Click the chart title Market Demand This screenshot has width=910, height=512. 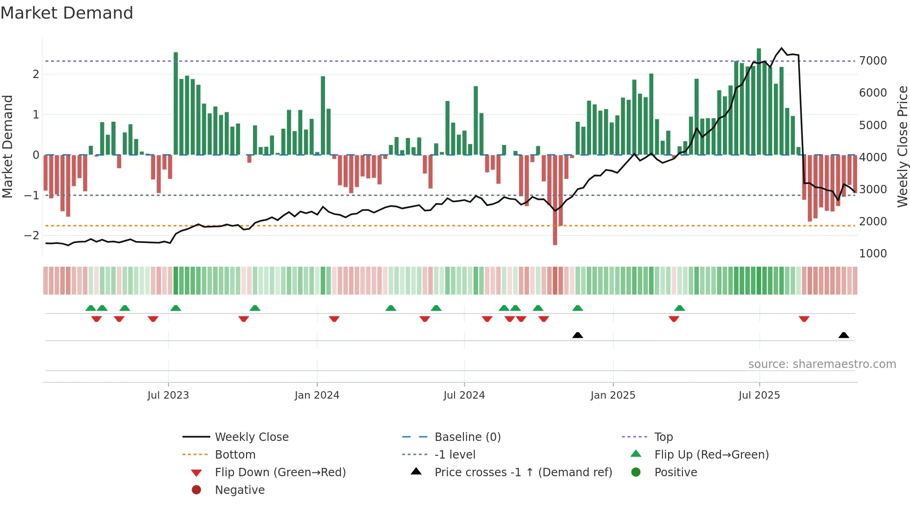(67, 13)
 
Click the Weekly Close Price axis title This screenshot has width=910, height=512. (902, 146)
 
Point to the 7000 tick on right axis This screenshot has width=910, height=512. (873, 61)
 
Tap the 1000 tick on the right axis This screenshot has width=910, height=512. (873, 254)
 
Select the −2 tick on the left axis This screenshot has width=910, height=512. (32, 236)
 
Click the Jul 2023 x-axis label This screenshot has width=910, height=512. (168, 395)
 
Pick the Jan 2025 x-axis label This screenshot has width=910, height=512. (613, 395)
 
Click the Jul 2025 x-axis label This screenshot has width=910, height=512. (759, 395)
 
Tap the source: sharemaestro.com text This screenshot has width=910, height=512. (822, 364)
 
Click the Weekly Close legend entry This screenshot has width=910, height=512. (251, 437)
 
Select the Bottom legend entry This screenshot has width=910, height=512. (235, 455)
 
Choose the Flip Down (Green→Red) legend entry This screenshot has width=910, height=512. (280, 473)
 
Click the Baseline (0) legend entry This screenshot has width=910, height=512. (468, 437)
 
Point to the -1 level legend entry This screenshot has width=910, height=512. (455, 455)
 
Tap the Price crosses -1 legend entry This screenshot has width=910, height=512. (523, 473)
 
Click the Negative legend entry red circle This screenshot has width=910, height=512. (196, 490)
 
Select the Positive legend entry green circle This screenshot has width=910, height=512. (636, 473)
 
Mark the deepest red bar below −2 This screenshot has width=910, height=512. (555, 200)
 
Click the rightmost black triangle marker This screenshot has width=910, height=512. (844, 335)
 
